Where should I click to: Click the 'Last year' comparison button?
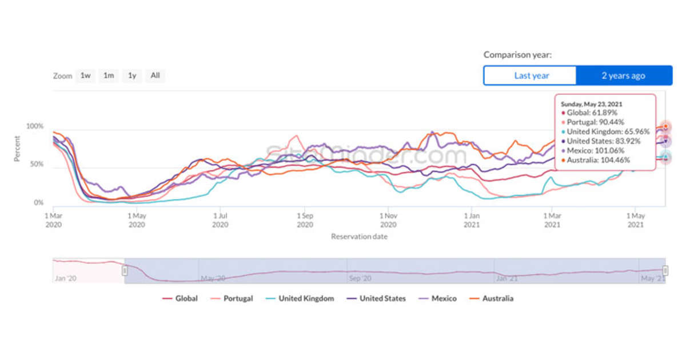[x=531, y=75]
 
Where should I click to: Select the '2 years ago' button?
[x=623, y=75]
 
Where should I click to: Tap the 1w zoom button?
[x=86, y=75]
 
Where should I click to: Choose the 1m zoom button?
[x=109, y=75]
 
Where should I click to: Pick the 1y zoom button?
[x=132, y=75]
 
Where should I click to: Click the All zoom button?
[x=155, y=75]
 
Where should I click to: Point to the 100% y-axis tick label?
[x=35, y=126]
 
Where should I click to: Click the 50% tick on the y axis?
[x=37, y=165]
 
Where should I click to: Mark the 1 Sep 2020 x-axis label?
[x=304, y=220]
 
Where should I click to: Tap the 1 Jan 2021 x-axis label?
[x=472, y=220]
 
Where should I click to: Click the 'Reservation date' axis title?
[x=359, y=236]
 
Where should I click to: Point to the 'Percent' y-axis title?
[x=17, y=148]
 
